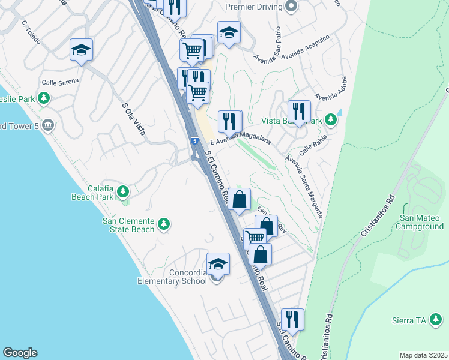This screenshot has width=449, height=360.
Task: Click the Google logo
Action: coord(20,353)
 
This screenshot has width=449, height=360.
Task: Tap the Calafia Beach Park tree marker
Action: coord(123,192)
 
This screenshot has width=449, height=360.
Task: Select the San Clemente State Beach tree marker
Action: coord(164,225)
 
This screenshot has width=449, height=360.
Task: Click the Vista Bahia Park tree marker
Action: coord(330,120)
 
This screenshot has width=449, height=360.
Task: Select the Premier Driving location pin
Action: coord(291,7)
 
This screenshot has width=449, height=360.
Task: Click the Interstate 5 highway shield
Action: coord(194,141)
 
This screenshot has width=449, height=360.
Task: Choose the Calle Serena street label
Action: coord(60,82)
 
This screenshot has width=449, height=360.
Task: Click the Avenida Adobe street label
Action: coord(331,89)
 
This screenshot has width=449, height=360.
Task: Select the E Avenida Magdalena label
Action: coord(240,142)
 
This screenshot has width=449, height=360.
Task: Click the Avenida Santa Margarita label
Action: coord(304,187)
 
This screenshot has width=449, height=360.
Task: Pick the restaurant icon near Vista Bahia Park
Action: coord(298,112)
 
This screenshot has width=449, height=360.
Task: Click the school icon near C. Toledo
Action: coord(80,50)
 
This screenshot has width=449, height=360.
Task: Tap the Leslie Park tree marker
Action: coord(43,98)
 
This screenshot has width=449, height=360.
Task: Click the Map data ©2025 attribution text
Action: coord(423,355)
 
